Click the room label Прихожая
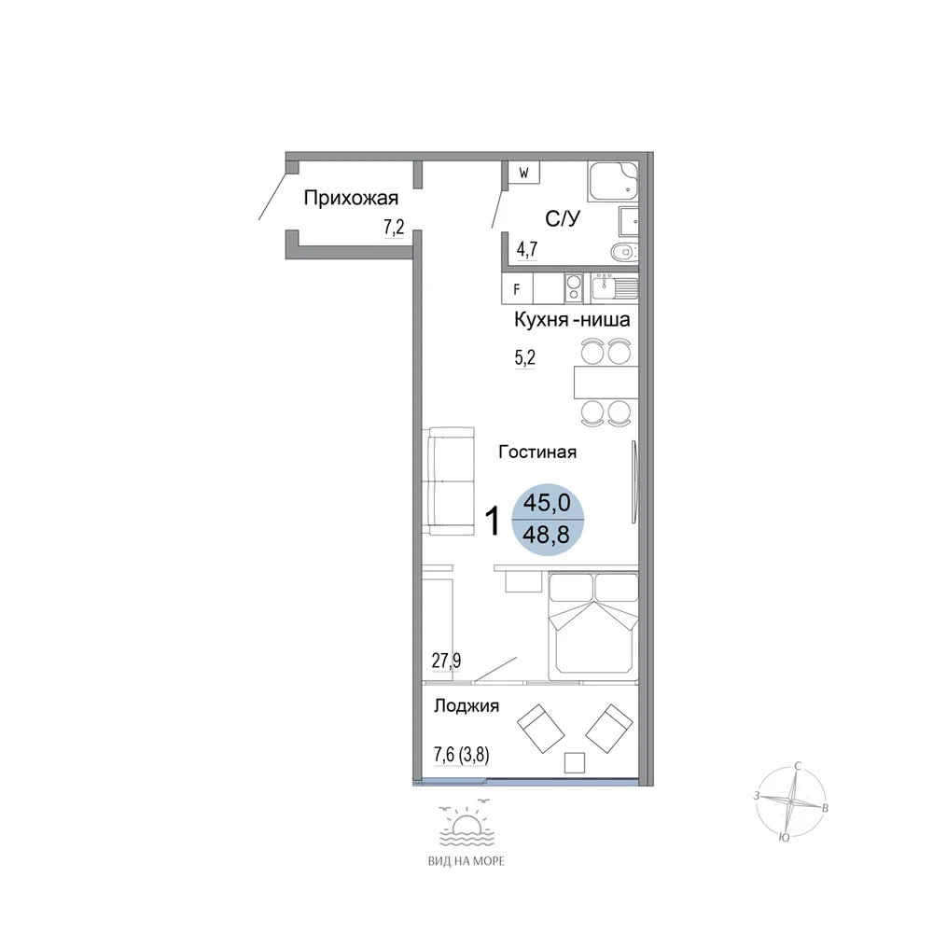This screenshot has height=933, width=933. [x=351, y=198]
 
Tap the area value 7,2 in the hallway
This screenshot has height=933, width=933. [x=394, y=227]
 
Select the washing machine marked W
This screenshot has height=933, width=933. [x=524, y=173]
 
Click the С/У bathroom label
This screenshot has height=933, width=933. [x=563, y=218]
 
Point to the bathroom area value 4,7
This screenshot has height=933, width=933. [x=527, y=249]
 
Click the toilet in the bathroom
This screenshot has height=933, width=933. [x=625, y=252]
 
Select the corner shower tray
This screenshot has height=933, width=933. [x=613, y=180]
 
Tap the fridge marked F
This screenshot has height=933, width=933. [x=517, y=289]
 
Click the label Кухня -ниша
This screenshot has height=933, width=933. [x=572, y=319]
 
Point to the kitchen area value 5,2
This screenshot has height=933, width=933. [x=524, y=357]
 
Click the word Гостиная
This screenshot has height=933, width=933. [x=537, y=453]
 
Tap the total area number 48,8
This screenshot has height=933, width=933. [x=546, y=535]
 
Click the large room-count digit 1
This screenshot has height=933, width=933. [x=493, y=521]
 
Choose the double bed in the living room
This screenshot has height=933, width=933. [x=593, y=626]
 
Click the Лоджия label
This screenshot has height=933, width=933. [x=466, y=706]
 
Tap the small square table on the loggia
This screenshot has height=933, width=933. [x=574, y=762]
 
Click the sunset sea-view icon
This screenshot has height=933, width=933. [x=466, y=823]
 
